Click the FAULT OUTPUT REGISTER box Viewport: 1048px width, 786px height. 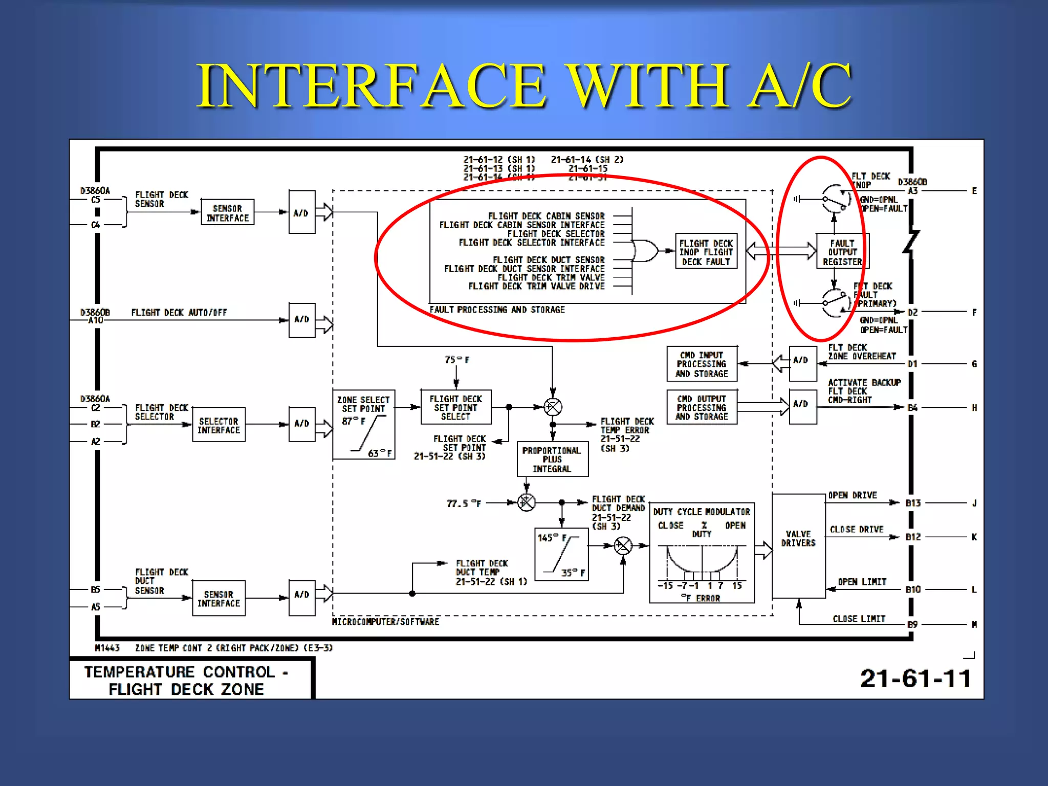point(842,252)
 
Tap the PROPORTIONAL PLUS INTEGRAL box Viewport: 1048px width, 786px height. point(552,460)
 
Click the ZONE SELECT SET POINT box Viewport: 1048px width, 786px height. point(363,424)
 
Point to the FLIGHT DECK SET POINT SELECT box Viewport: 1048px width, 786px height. point(455,407)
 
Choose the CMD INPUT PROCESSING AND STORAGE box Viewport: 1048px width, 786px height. point(702,364)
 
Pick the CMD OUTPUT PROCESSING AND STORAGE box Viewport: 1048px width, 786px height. point(702,407)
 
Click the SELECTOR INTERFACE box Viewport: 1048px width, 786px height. point(219,425)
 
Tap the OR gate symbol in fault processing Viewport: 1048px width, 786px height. point(645,251)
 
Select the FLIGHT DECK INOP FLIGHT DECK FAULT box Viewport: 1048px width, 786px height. point(706,252)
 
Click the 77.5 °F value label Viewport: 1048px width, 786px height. point(464,504)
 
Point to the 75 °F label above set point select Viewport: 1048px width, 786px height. point(457,360)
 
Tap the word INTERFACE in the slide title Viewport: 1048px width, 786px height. point(371,85)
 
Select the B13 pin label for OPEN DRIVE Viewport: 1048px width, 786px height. point(913,503)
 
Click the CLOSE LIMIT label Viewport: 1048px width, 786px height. point(859,619)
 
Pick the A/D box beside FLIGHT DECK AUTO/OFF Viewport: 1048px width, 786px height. point(302,320)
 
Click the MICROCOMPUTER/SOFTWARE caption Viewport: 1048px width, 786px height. point(385,622)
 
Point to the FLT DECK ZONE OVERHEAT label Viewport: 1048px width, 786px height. point(862,352)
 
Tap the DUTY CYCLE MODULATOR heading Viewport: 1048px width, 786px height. point(702,512)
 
